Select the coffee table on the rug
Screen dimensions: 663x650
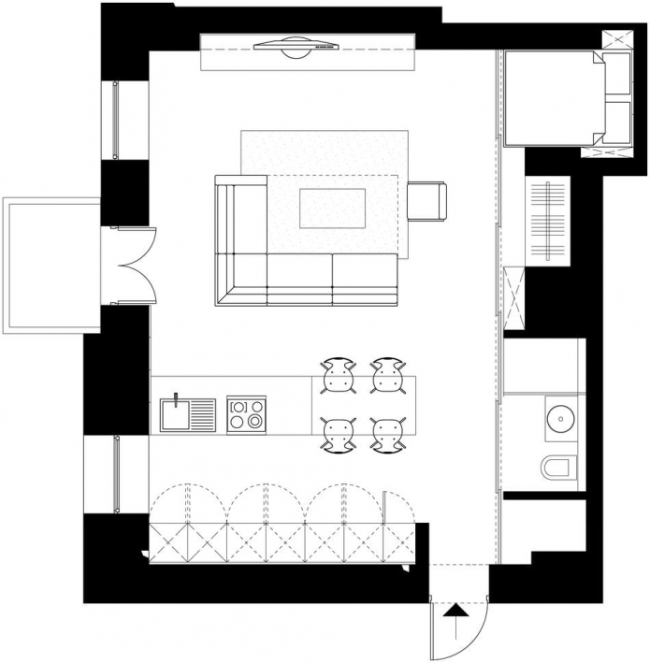point(332,208)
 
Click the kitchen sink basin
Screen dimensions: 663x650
point(176,416)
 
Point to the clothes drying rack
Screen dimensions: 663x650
point(546,222)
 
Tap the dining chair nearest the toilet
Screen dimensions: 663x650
point(387,434)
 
